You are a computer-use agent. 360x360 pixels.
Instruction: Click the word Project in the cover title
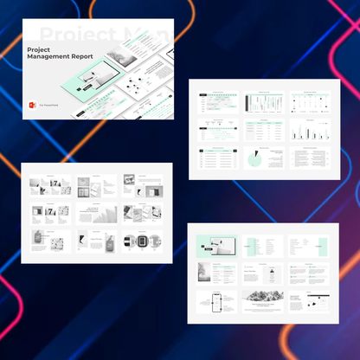[38, 49]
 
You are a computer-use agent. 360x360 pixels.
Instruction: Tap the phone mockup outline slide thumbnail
[214, 301]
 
